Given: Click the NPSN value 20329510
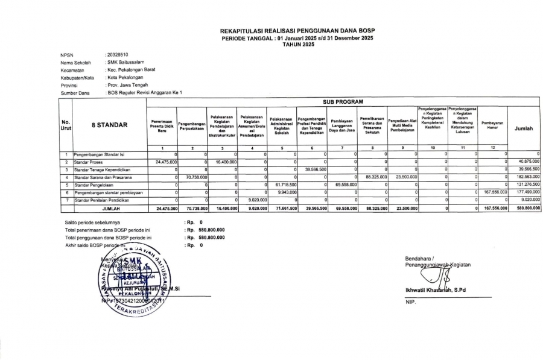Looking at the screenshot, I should [116, 54].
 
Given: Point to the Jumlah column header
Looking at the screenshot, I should [523, 128].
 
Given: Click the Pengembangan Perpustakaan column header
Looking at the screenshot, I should [192, 125].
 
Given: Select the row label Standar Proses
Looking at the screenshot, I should [86, 162].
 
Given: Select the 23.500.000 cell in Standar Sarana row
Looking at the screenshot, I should [404, 177].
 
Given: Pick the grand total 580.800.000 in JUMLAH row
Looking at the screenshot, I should [524, 209].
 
